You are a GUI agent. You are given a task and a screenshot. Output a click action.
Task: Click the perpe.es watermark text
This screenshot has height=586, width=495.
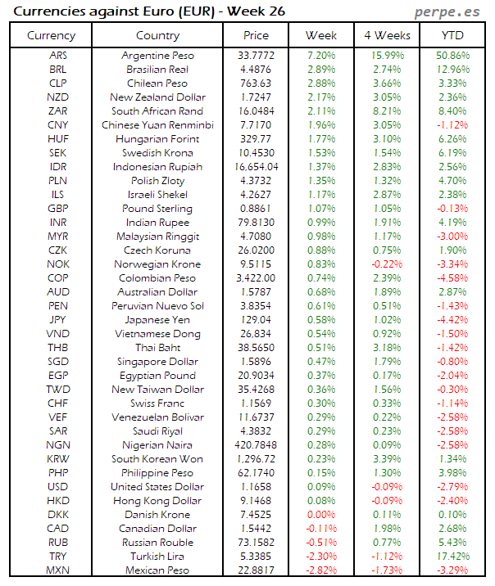coord(447,11)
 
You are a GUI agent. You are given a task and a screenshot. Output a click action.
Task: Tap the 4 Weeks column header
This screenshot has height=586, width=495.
coord(386,36)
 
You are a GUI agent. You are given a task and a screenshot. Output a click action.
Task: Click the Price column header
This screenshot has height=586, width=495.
coord(256,36)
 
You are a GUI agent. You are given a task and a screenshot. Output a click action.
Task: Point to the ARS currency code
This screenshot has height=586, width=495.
coord(58,56)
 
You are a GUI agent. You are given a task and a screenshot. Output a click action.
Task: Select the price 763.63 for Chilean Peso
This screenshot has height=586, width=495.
coord(256,83)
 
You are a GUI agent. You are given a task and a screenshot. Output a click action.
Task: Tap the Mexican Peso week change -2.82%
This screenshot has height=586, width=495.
coord(320,570)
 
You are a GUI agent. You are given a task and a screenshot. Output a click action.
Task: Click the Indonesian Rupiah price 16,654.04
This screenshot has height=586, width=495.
coord(256,167)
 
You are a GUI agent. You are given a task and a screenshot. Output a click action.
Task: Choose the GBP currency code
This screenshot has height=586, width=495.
coord(58,209)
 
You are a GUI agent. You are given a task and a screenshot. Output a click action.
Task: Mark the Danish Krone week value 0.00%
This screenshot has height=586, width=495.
coord(320,515)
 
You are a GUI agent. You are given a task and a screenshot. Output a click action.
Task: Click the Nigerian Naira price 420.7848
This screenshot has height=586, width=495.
coord(256,445)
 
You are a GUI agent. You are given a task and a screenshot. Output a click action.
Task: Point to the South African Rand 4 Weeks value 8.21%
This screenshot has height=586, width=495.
coord(386,111)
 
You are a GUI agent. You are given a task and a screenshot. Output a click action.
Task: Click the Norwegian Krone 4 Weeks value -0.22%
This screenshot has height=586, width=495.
coord(386,264)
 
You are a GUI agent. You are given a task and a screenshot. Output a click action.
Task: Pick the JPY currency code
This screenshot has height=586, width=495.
coord(58,320)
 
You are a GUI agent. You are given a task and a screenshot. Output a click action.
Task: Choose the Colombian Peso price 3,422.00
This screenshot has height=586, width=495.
coord(256,278)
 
